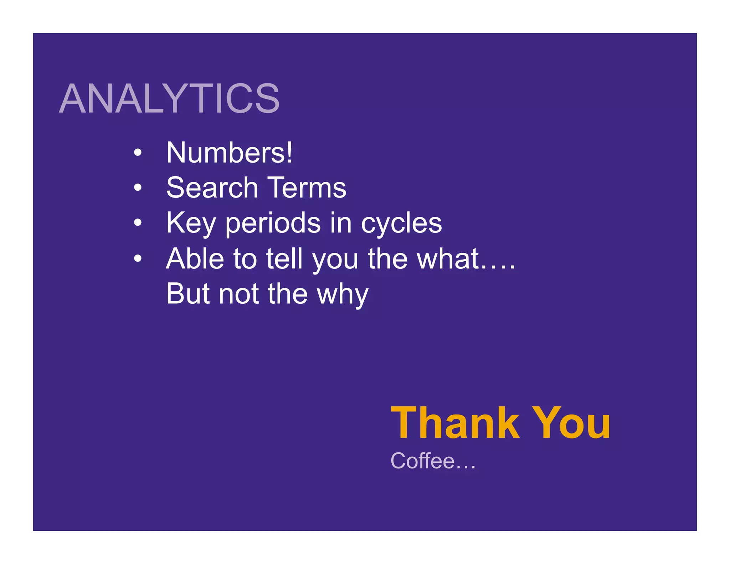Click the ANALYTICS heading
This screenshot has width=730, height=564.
pos(169,98)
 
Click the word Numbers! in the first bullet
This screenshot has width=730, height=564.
pos(229,153)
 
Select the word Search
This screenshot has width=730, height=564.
pos(212,188)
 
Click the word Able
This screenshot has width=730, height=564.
pos(195,258)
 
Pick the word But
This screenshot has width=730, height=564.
pos(188,294)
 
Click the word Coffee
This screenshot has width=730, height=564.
pos(423,461)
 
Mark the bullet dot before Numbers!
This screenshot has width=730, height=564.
pos(138,153)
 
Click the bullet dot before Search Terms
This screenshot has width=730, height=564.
pos(138,188)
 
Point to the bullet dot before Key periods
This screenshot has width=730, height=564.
pos(138,223)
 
